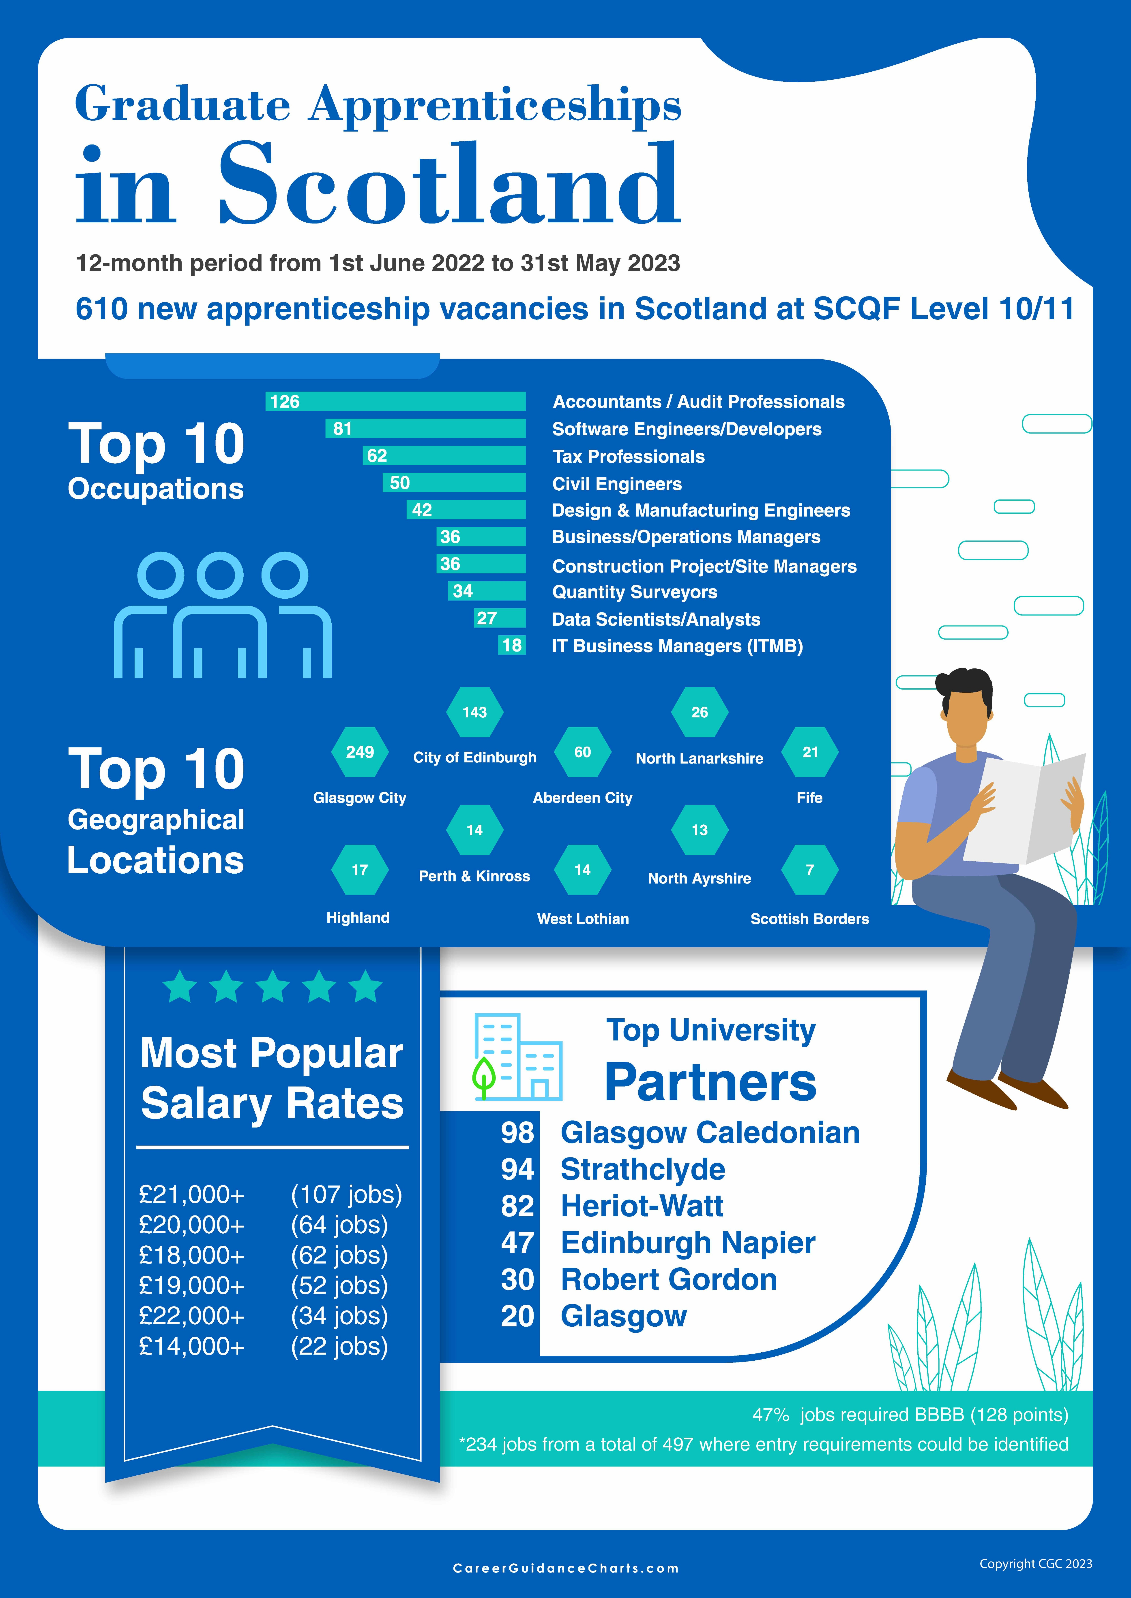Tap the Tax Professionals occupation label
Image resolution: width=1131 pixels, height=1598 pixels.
(x=628, y=457)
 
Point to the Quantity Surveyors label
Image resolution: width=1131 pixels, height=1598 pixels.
(x=634, y=592)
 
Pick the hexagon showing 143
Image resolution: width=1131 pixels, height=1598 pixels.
(x=474, y=712)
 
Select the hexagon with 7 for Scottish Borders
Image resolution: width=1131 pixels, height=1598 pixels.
(x=809, y=870)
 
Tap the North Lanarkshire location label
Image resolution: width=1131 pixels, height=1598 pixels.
(x=699, y=759)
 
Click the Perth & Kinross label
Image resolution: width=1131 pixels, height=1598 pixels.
(x=474, y=876)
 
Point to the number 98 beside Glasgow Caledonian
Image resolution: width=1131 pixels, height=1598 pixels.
(x=517, y=1133)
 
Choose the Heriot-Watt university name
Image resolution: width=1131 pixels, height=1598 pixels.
(x=642, y=1206)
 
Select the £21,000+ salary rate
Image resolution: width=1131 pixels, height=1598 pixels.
(x=191, y=1194)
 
